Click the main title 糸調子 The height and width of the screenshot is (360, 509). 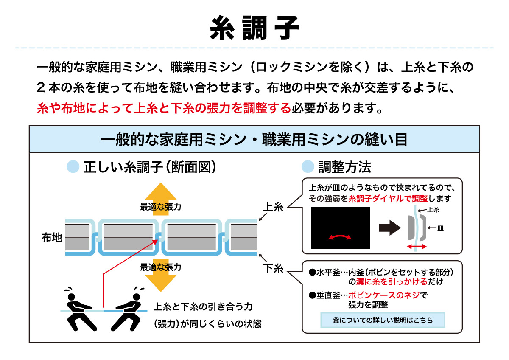pyautogui.click(x=255, y=28)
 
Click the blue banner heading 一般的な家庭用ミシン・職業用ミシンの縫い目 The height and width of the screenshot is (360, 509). pyautogui.click(x=255, y=139)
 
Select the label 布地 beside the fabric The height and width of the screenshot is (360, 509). pyautogui.click(x=52, y=237)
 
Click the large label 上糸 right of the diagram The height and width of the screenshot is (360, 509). pyautogui.click(x=273, y=207)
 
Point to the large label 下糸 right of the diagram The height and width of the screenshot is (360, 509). pyautogui.click(x=273, y=269)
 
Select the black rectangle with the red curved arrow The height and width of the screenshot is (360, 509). pyautogui.click(x=340, y=228)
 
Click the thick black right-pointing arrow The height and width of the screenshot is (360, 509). pyautogui.click(x=389, y=228)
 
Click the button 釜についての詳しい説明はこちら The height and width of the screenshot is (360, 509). pyautogui.click(x=383, y=321)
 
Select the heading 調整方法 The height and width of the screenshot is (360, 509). pyautogui.click(x=344, y=167)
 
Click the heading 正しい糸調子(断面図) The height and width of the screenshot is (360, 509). pyautogui.click(x=151, y=167)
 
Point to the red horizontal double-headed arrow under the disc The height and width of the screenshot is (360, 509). pyautogui.click(x=417, y=247)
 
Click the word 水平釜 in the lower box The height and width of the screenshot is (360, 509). pyautogui.click(x=327, y=272)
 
